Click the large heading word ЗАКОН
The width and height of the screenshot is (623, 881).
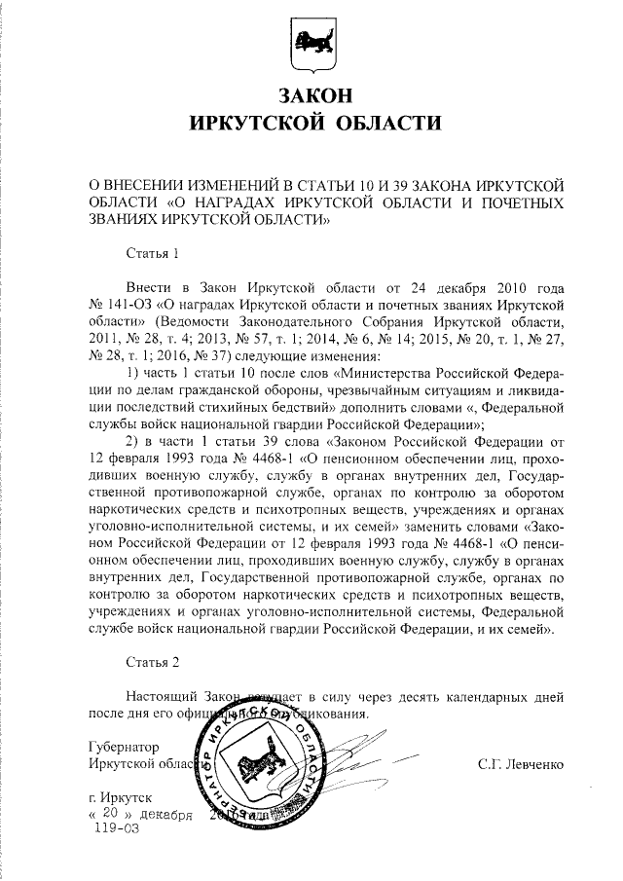pos(311,95)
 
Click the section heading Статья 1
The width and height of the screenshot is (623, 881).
pos(154,255)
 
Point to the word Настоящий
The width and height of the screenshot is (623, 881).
pos(165,697)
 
